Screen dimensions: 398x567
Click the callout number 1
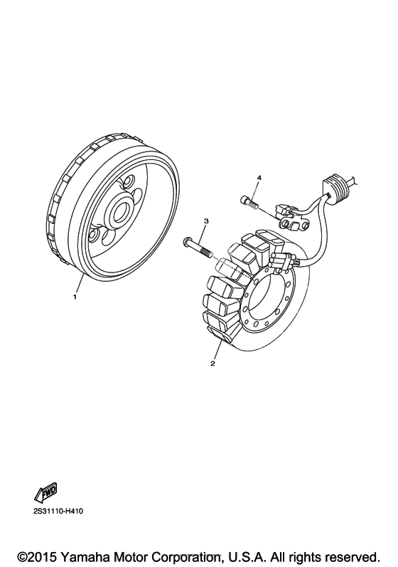pyautogui.click(x=75, y=297)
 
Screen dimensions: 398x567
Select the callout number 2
pyautogui.click(x=213, y=364)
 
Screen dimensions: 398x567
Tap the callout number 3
pyautogui.click(x=206, y=221)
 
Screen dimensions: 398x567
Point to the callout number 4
pyautogui.click(x=259, y=178)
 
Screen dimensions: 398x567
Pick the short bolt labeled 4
pyautogui.click(x=249, y=201)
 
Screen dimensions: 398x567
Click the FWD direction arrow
pyautogui.click(x=46, y=492)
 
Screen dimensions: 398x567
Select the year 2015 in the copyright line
pyautogui.click(x=44, y=556)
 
